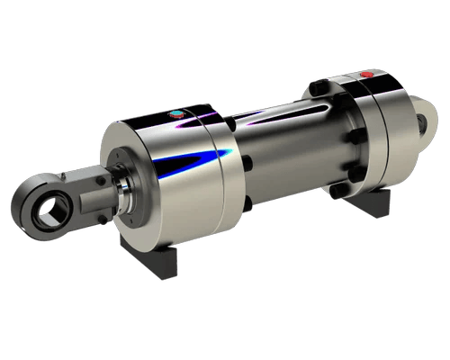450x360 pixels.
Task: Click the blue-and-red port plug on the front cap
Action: (176, 114)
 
